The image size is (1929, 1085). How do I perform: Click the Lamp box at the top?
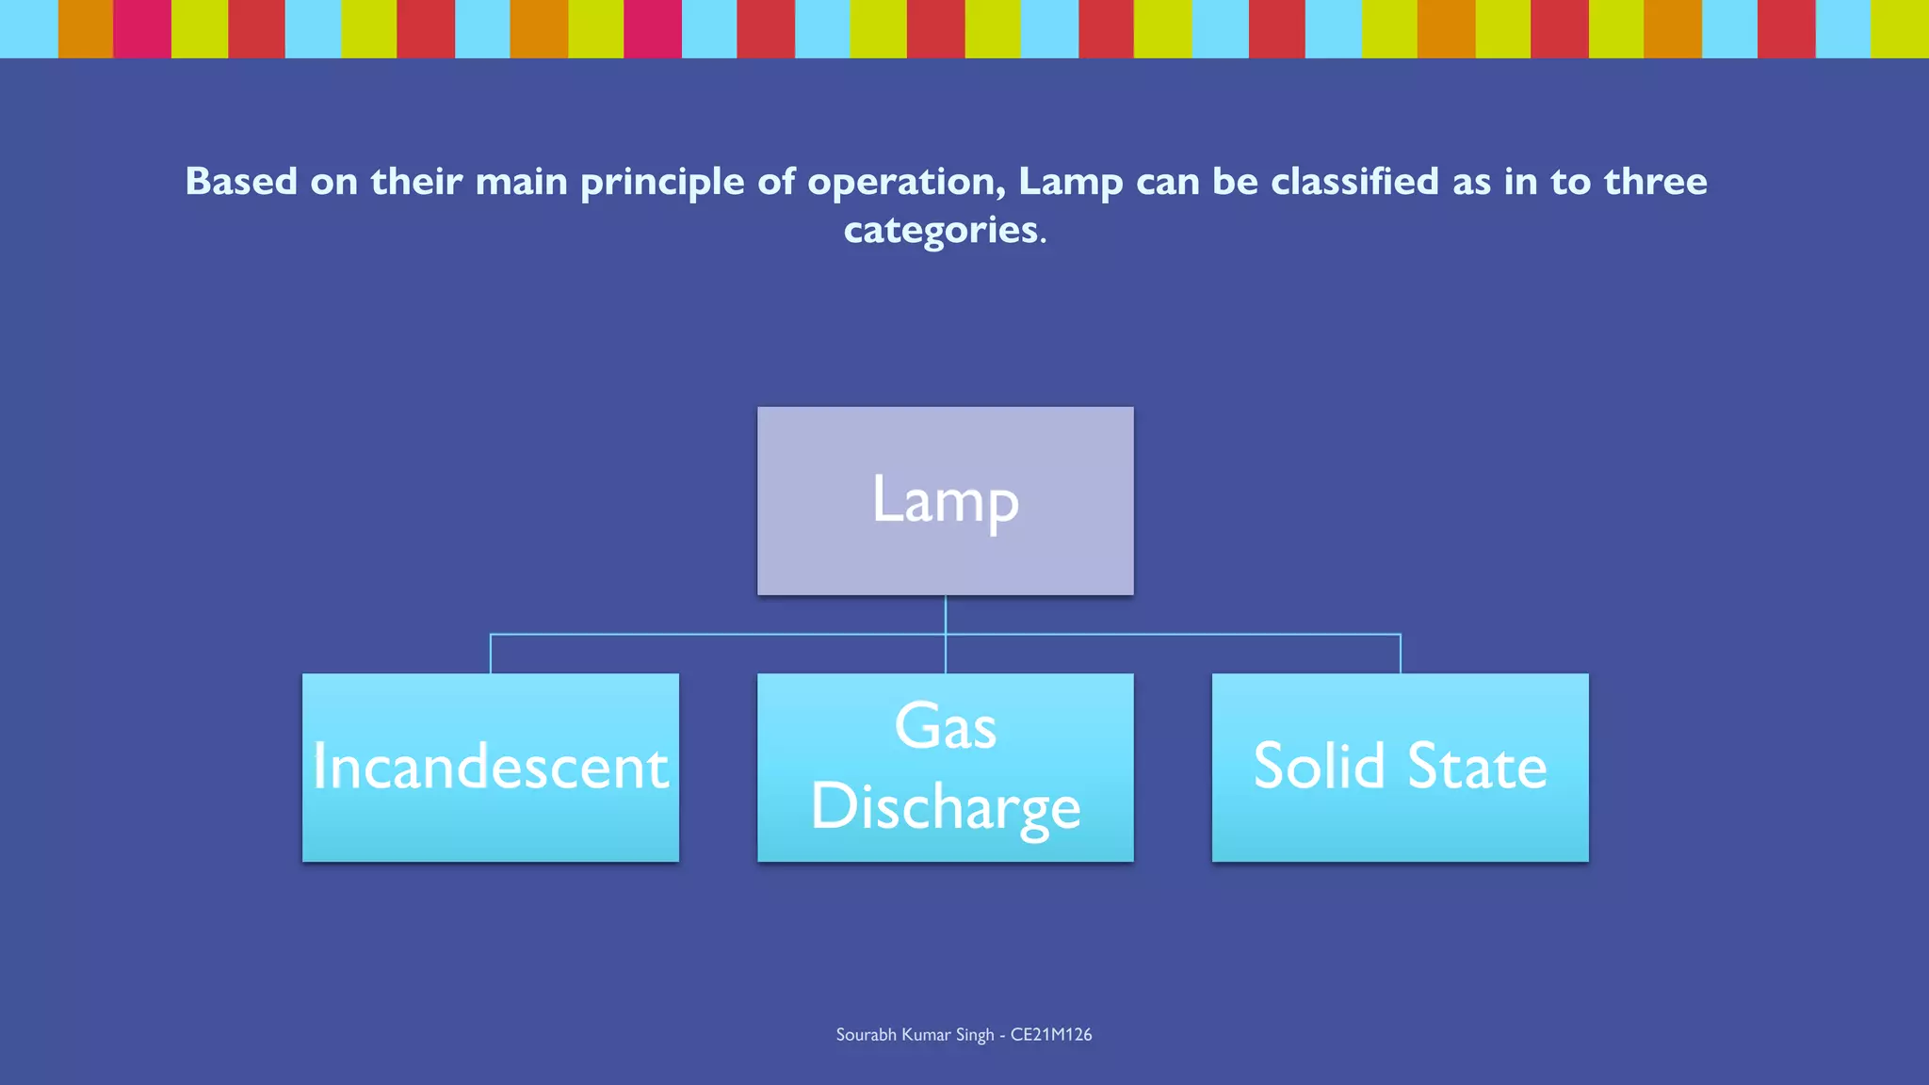(945, 500)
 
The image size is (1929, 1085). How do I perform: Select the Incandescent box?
(490, 767)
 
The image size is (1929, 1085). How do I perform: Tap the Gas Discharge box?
(945, 767)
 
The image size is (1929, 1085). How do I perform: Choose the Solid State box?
(1400, 767)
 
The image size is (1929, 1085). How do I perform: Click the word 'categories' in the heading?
(940, 230)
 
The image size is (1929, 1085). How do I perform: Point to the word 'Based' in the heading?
(241, 181)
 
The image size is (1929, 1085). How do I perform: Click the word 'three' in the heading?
(1655, 181)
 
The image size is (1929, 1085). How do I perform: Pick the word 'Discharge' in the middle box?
(945, 807)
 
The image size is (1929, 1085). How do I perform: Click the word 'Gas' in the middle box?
(945, 727)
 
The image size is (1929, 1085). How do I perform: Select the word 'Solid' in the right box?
(1319, 766)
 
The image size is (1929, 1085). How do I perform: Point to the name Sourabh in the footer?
(866, 1034)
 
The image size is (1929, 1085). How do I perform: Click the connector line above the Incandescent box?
(491, 654)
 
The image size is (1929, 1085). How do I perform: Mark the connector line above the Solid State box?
(1401, 654)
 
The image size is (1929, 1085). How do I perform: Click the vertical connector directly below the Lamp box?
(945, 614)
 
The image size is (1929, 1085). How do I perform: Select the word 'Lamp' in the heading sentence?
(1070, 182)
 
